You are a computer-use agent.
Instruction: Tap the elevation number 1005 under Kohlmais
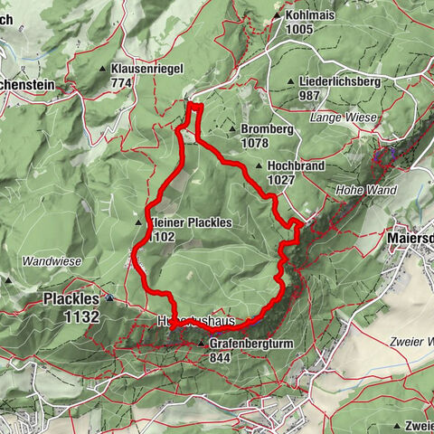point(299,30)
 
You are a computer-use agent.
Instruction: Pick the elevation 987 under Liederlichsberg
point(311,95)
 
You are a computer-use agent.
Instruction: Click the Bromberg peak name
point(268,129)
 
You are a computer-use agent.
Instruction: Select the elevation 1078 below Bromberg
point(258,143)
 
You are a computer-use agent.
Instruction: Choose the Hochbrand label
point(295,166)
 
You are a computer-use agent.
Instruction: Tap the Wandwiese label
point(52,261)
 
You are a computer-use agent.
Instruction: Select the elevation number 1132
point(81,316)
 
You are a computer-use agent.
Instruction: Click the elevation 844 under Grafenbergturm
point(220,357)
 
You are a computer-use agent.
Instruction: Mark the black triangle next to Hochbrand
point(260,166)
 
